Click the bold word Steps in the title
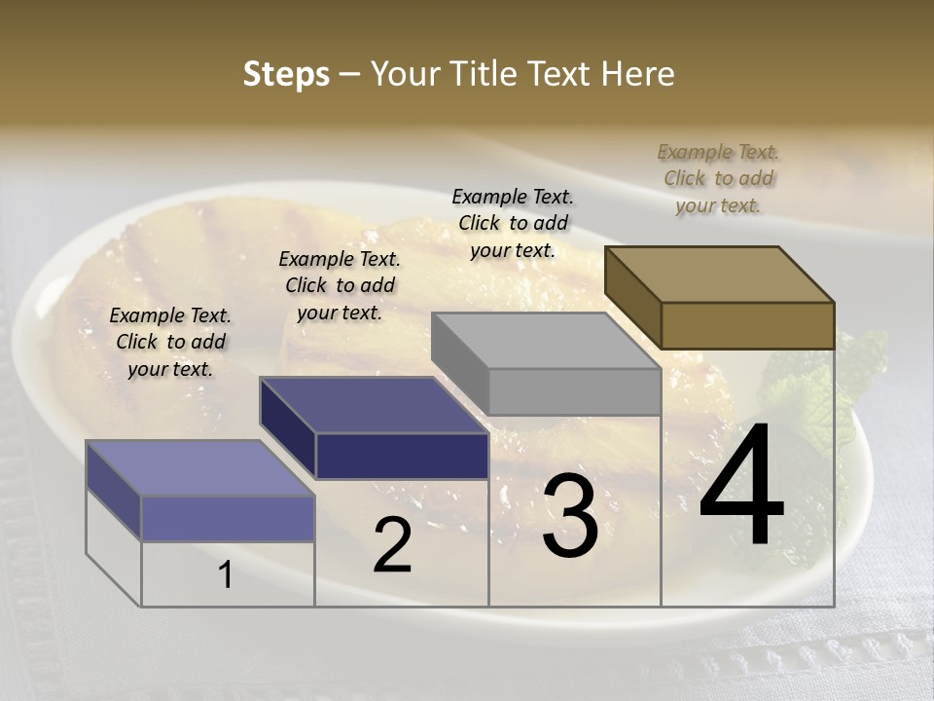click(x=286, y=74)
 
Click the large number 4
click(x=741, y=487)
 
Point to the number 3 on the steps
click(x=569, y=517)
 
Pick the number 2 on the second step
click(x=392, y=546)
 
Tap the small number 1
click(x=226, y=575)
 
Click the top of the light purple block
click(x=200, y=468)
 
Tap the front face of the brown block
click(x=747, y=325)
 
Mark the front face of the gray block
click(x=574, y=391)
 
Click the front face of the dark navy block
click(x=402, y=456)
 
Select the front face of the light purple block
click(x=228, y=518)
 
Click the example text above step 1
click(x=170, y=342)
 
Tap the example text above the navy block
click(x=340, y=285)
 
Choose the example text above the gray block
click(x=513, y=223)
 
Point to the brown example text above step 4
click(x=718, y=178)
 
